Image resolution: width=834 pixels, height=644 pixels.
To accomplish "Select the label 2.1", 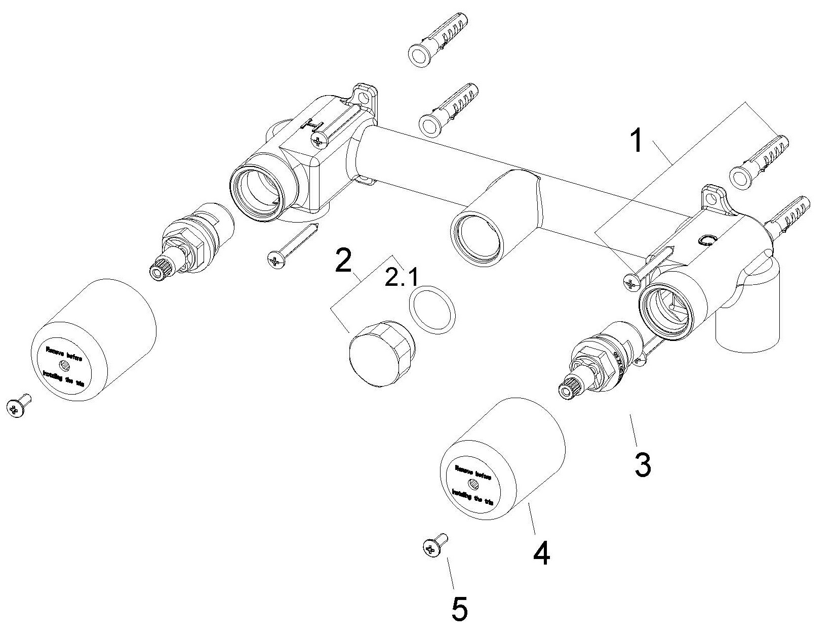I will (x=402, y=277).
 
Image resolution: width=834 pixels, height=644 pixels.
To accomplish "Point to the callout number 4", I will (x=541, y=553).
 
